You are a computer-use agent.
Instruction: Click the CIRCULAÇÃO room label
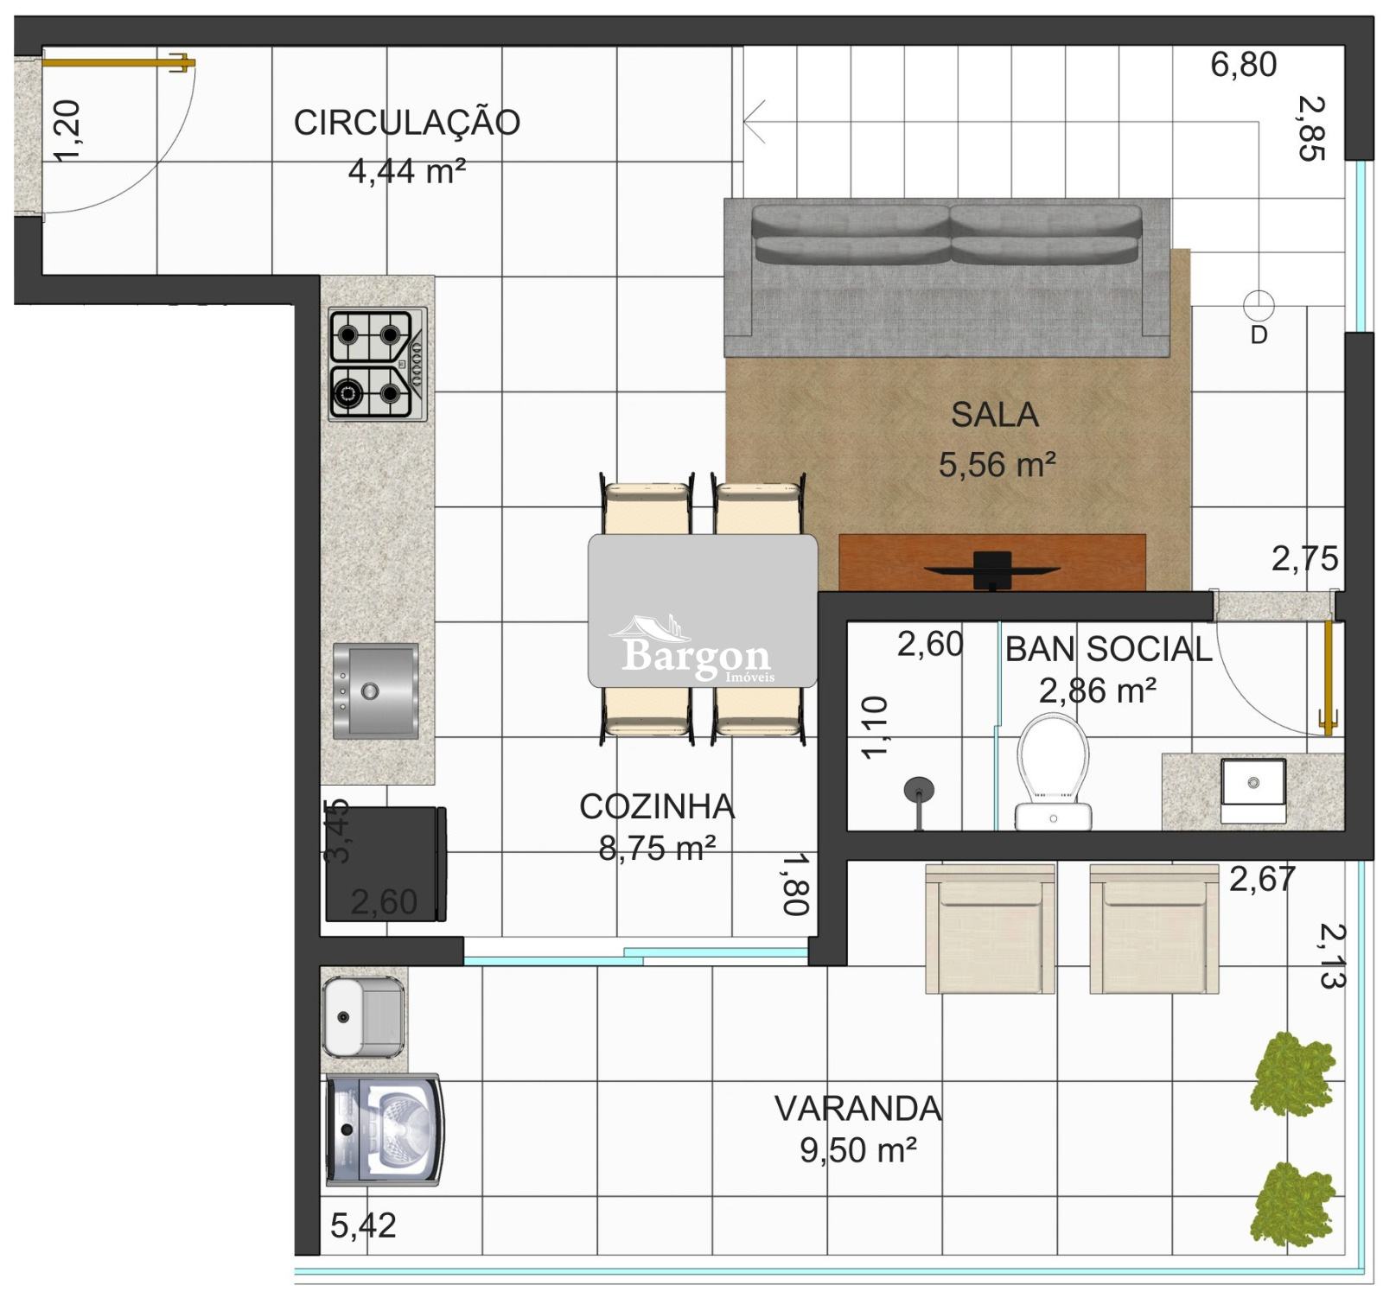[x=407, y=122]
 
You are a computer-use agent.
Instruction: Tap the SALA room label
[x=995, y=415]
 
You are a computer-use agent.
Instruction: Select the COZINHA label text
[x=657, y=806]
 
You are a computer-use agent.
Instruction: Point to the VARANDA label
[x=857, y=1109]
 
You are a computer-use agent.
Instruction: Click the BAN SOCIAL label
[x=1109, y=649]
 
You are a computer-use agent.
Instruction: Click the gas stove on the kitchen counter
[x=378, y=365]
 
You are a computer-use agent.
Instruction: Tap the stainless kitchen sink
[x=376, y=691]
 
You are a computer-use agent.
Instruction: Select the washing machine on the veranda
[x=385, y=1130]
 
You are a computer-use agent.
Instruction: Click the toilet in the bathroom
[x=1053, y=773]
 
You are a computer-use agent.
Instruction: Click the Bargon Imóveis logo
[x=696, y=651]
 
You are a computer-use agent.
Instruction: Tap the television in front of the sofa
[x=992, y=570]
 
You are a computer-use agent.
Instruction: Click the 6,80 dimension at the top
[x=1243, y=65]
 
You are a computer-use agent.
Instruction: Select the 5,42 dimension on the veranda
[x=363, y=1225]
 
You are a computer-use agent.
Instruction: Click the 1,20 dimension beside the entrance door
[x=67, y=130]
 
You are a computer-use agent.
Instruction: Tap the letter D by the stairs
[x=1259, y=335]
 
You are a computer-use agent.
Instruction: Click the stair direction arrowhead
[x=754, y=122]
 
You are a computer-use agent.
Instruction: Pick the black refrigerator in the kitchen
[x=386, y=864]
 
